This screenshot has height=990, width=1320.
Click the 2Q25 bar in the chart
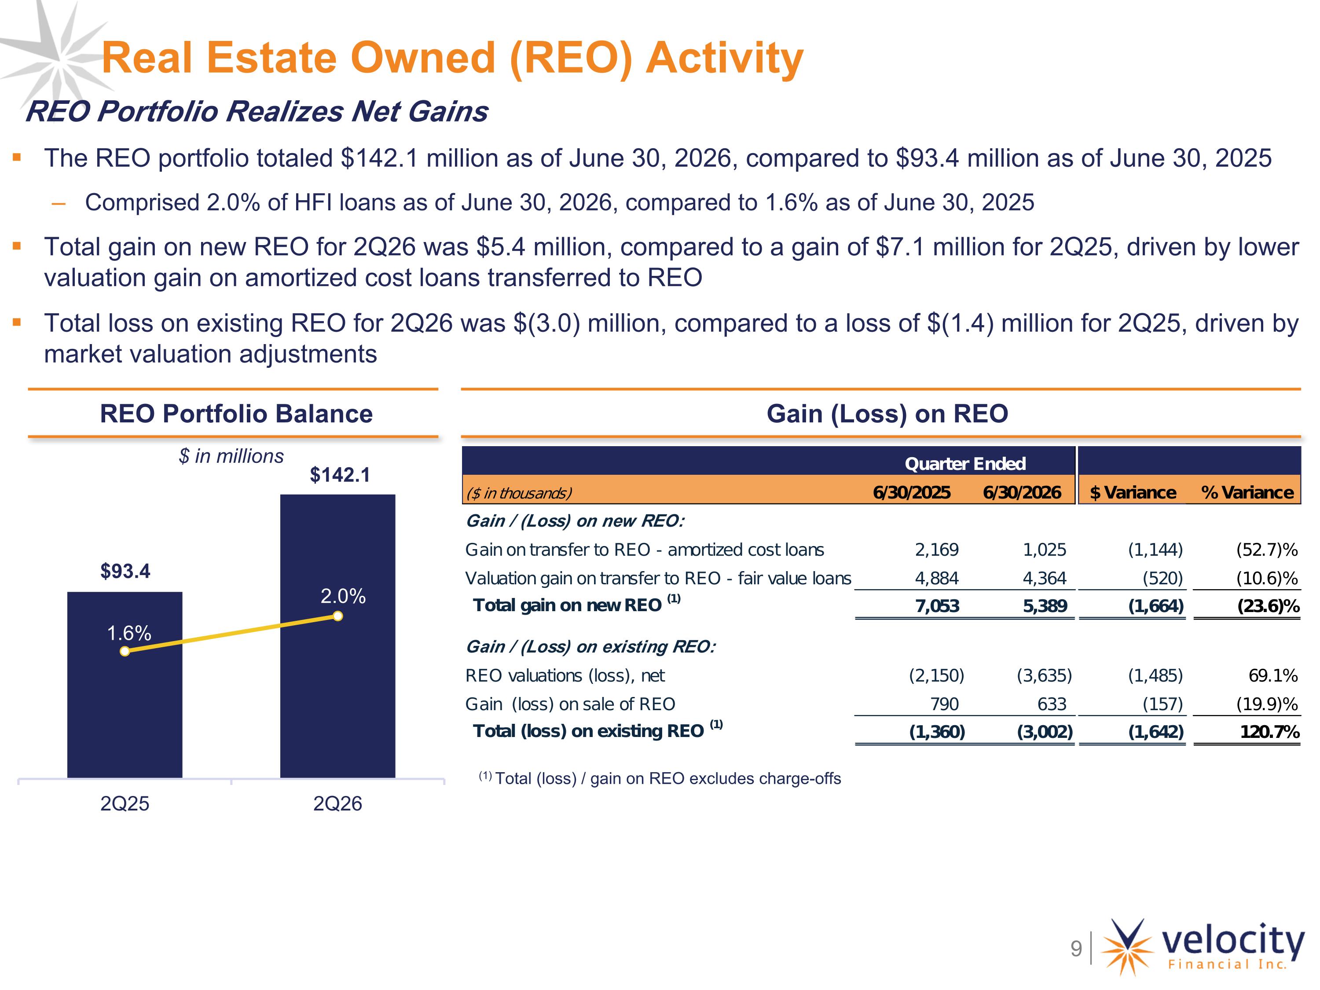(x=125, y=685)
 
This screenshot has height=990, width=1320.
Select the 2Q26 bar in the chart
(x=338, y=636)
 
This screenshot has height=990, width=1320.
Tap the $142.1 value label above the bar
(x=340, y=475)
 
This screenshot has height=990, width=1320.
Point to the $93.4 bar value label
(x=125, y=571)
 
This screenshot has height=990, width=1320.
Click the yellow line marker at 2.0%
(x=338, y=616)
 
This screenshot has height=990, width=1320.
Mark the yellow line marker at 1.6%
(x=125, y=651)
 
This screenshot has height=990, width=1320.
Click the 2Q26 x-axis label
(x=338, y=804)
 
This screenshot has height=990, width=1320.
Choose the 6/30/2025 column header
(x=911, y=492)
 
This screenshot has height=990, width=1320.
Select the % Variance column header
(x=1247, y=492)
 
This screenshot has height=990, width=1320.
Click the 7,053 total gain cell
(x=938, y=606)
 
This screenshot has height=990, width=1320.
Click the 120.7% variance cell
(x=1270, y=732)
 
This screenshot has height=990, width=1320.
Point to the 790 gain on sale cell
(x=945, y=704)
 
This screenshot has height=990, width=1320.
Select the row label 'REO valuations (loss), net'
(x=565, y=675)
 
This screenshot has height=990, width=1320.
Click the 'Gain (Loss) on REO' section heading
(x=887, y=414)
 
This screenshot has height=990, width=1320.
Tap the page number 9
(x=1076, y=948)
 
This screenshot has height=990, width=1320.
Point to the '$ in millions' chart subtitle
(x=231, y=456)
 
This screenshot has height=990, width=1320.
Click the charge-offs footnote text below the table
(x=660, y=778)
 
